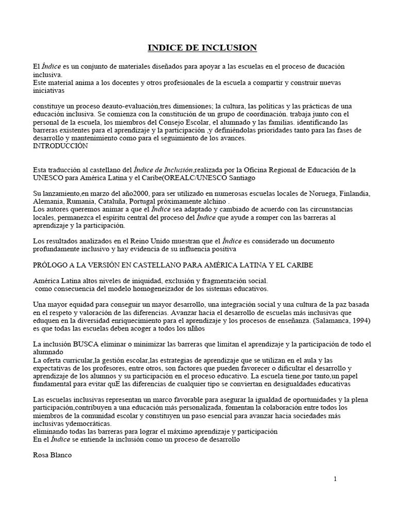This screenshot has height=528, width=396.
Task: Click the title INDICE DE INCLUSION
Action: (202, 48)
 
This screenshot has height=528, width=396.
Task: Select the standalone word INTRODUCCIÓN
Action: (60, 146)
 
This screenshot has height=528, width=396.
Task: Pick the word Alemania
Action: (48, 201)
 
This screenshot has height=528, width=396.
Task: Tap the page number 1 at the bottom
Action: (335, 479)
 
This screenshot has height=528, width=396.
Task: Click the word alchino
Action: (212, 201)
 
